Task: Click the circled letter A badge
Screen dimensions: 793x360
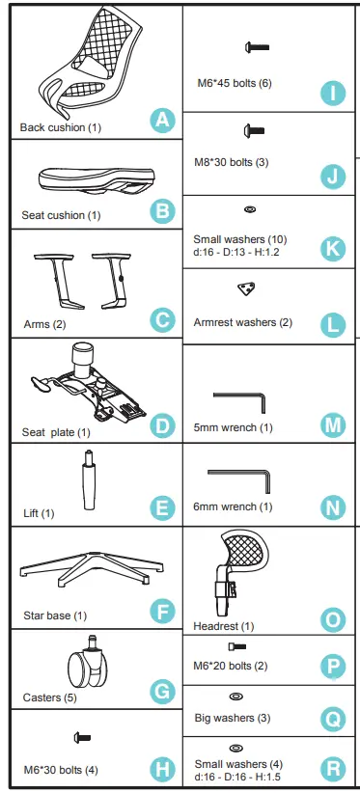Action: tap(163, 120)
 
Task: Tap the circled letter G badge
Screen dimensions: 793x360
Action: tap(163, 691)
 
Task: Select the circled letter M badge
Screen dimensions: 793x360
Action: tap(332, 424)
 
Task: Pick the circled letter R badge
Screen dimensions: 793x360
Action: tap(332, 768)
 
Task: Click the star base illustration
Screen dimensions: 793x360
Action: tap(90, 570)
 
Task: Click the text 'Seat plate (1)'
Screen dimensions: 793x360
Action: tap(56, 431)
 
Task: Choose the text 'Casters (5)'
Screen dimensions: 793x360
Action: tap(50, 697)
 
